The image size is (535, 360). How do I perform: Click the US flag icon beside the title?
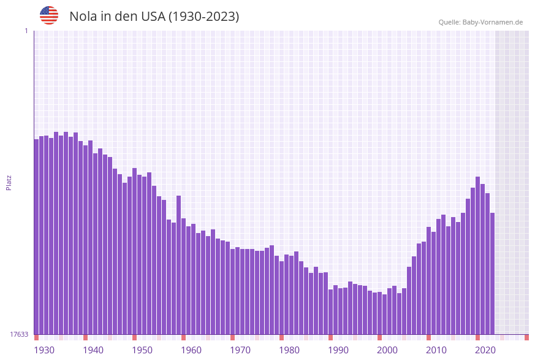[x=49, y=15]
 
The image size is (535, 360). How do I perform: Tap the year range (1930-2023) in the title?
[x=203, y=17]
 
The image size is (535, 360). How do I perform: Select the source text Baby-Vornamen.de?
[x=492, y=22]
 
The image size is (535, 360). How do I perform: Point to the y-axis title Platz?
[x=9, y=182]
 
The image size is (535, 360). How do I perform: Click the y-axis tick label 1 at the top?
[x=26, y=31]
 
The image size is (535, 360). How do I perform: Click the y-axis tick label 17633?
[x=19, y=334]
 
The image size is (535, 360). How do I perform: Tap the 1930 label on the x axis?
[x=44, y=350]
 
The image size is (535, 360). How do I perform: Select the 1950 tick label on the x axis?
[x=142, y=350]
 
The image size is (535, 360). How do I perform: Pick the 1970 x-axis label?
[x=240, y=350]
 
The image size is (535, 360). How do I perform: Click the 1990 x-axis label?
[x=338, y=350]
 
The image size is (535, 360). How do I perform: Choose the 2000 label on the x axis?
[x=387, y=350]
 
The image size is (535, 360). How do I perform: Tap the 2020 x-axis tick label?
[x=485, y=350]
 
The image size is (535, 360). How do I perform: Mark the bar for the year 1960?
[x=183, y=276]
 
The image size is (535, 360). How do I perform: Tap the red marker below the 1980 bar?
[x=281, y=337]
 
